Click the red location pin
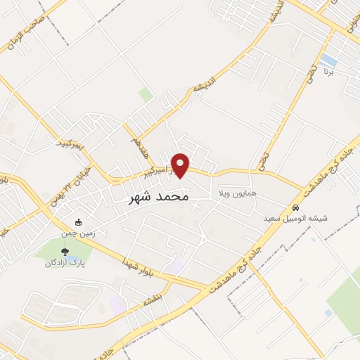click(181, 165)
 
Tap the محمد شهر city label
click(160, 198)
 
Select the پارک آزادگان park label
click(61, 263)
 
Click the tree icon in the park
click(65, 250)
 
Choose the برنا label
click(328, 72)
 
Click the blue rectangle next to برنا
click(328, 59)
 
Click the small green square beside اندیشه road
click(146, 94)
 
